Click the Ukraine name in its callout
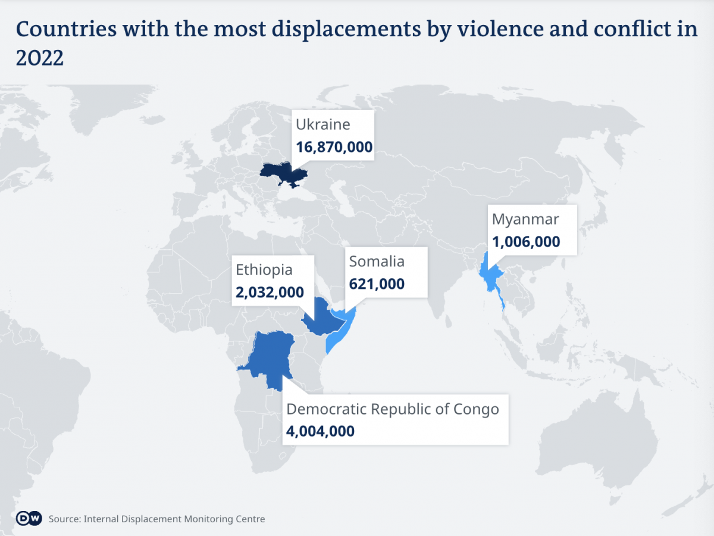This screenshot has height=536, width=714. tap(323, 124)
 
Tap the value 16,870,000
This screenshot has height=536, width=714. tap(334, 147)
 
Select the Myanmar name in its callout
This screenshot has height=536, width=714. tap(525, 219)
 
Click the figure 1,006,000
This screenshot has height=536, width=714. tap(526, 241)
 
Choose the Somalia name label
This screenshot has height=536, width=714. tap(377, 261)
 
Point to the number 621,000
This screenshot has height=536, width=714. tap(377, 283)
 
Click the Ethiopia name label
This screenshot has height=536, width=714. tap(264, 269)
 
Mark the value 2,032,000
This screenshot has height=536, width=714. tap(270, 292)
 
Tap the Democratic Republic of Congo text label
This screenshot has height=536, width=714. tap(393, 409)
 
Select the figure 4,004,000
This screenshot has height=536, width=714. tap(321, 431)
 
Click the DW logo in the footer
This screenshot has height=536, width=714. tap(29, 518)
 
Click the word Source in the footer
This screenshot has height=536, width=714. tap(64, 519)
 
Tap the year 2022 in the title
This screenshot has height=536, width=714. tap(39, 58)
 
